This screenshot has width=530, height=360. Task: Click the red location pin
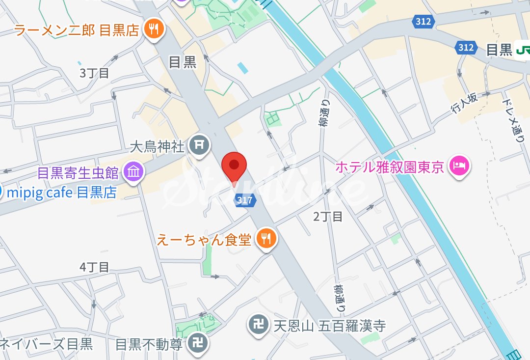point(235,166)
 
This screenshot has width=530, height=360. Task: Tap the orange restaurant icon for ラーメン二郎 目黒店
point(154,30)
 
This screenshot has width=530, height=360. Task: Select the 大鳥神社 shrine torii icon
point(199,146)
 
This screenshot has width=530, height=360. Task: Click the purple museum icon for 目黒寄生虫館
point(133,172)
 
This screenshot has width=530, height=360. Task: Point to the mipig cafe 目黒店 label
point(61,192)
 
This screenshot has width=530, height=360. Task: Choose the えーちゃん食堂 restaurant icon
point(267,239)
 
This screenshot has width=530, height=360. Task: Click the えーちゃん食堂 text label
point(204,240)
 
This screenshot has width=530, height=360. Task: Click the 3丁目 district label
point(94,73)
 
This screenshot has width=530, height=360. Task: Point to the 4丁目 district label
point(94,267)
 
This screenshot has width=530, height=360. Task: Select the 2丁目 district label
point(328,216)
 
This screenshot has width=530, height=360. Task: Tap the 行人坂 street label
point(464,104)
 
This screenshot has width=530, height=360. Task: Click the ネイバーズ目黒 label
point(47,344)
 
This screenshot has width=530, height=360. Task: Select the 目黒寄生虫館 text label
point(78,173)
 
